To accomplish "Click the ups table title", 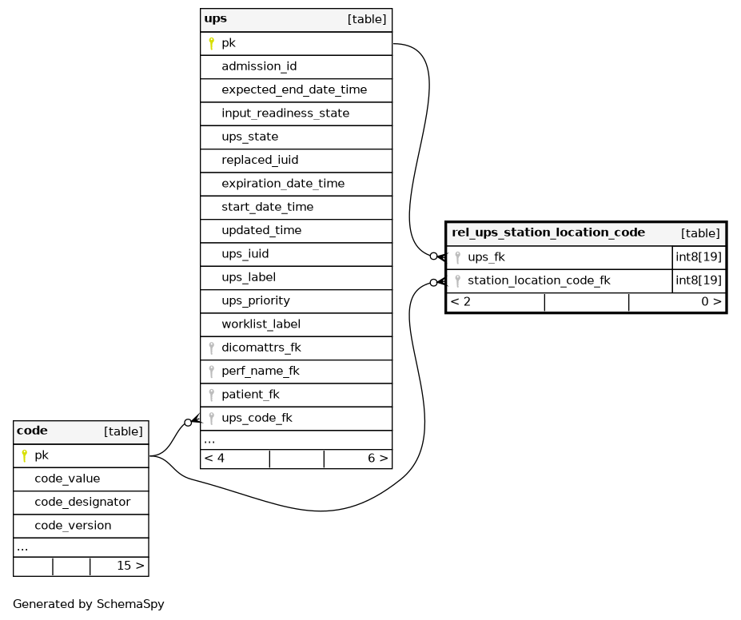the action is [x=216, y=19].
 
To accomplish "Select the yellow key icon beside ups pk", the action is [x=212, y=43].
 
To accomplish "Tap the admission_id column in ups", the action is [x=259, y=66].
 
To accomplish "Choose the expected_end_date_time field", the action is [x=294, y=89].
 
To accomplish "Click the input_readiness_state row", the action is [x=285, y=113].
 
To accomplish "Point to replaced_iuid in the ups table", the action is [x=260, y=160].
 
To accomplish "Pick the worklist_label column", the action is [x=261, y=324].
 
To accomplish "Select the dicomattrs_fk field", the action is [x=261, y=348].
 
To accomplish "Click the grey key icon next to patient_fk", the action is [x=212, y=395].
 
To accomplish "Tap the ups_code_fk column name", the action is [x=257, y=418].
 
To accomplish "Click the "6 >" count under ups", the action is [x=377, y=458].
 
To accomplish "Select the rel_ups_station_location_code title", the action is [x=548, y=232].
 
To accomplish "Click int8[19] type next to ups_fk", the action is [x=699, y=257].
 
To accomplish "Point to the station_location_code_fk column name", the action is [x=540, y=280].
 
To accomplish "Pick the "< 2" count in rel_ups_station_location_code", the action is [x=460, y=302].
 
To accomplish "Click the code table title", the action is [x=32, y=431].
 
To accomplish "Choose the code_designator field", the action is [x=82, y=502].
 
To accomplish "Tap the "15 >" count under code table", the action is [x=130, y=566].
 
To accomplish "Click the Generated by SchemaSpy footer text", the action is [x=89, y=604].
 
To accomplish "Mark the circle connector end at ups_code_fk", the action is [x=188, y=422].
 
